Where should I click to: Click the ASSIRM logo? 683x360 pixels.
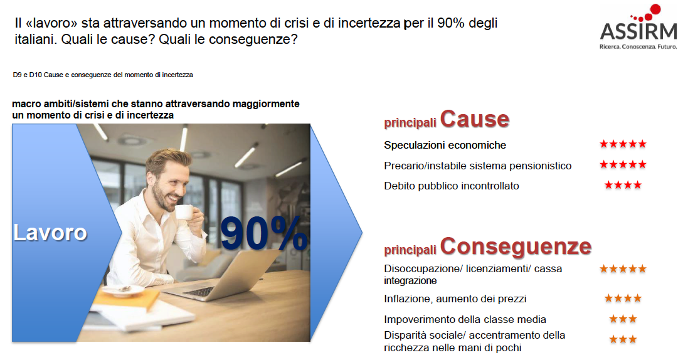(638, 27)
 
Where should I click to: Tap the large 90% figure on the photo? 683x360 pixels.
(264, 233)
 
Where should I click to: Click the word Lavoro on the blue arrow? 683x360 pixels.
(50, 232)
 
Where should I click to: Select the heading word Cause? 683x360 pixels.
(475, 119)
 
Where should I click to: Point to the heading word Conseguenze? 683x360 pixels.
(516, 246)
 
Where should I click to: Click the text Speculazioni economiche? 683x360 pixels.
(445, 145)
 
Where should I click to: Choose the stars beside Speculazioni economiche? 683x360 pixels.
(623, 144)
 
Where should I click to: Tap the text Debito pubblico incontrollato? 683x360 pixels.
(452, 186)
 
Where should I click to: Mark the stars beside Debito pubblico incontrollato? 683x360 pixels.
(623, 185)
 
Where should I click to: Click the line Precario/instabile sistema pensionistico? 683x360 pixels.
(477, 166)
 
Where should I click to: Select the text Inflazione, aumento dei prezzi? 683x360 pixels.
(455, 299)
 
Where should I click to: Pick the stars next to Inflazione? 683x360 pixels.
(623, 298)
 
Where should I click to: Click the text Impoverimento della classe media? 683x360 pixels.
(465, 319)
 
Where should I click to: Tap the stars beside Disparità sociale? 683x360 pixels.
(623, 339)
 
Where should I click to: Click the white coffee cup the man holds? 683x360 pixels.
(184, 212)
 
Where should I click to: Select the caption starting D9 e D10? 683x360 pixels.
(103, 75)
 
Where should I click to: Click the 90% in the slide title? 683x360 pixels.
(450, 23)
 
